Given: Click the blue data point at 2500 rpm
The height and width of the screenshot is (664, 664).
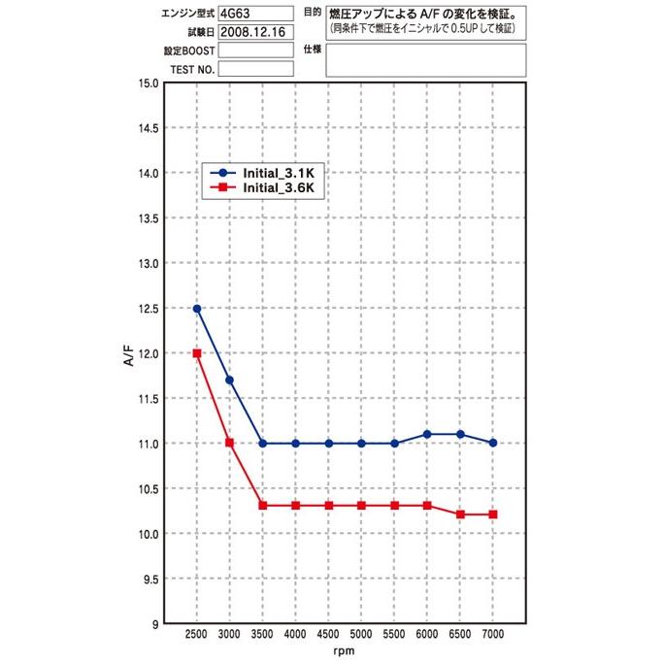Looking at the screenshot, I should tap(197, 309).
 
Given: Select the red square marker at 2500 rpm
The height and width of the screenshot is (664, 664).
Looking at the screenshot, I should tap(197, 353).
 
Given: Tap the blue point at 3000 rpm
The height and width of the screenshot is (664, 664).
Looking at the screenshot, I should tap(230, 380).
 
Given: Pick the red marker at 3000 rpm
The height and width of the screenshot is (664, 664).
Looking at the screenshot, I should tap(230, 443).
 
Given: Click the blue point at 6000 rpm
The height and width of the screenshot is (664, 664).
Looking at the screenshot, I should tap(427, 434).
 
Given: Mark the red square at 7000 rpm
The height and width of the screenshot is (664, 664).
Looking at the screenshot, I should tap(493, 515).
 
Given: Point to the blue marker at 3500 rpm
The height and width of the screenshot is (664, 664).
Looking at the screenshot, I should tap(263, 443).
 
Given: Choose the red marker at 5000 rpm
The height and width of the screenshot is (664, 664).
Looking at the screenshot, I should tap(361, 506).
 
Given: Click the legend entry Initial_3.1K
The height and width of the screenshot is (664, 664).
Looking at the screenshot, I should tap(280, 171).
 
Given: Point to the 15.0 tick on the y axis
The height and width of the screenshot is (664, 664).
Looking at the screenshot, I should tap(148, 83).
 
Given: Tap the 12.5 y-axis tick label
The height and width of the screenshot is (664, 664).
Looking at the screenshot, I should tap(148, 309).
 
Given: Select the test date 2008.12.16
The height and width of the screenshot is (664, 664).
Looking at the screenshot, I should tap(254, 32).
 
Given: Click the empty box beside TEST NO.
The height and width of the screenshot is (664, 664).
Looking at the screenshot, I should tap(255, 70).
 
